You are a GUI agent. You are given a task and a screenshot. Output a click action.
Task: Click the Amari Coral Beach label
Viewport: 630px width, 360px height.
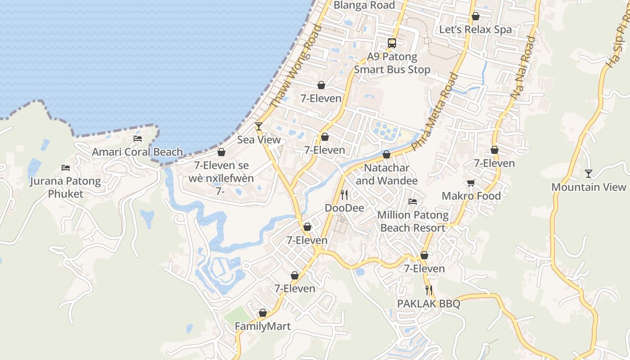coord(137,152)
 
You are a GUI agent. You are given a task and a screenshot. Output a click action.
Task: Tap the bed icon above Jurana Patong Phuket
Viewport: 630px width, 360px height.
coord(66,168)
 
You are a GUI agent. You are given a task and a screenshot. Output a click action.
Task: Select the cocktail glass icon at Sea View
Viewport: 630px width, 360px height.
coord(259,126)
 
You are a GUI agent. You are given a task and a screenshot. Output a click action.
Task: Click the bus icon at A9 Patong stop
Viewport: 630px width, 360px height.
coord(392,43)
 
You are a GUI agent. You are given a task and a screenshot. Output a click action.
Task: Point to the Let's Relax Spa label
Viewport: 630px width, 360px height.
coord(475,30)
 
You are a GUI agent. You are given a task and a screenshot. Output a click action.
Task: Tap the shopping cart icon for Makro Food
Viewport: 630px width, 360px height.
coord(471,183)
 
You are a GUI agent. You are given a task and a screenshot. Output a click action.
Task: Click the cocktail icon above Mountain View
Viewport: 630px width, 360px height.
coord(589,173)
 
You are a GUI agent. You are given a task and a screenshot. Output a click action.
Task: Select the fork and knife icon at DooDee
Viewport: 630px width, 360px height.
coord(344,195)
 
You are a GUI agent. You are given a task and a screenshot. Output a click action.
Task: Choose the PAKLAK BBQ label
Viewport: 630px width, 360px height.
coord(428,304)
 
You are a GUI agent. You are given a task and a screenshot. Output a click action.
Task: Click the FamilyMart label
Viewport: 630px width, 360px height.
coord(263,326)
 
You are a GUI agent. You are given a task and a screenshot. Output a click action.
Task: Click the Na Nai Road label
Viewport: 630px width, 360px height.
coord(523,67)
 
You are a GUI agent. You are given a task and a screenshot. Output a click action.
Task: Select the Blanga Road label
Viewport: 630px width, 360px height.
coord(364,5)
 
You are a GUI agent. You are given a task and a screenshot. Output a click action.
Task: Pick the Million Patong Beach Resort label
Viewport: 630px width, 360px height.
coord(413,221)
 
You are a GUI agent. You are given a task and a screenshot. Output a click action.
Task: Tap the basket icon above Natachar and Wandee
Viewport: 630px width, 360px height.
coord(386,155)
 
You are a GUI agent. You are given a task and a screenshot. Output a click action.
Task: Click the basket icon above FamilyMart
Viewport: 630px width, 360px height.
coord(263,313)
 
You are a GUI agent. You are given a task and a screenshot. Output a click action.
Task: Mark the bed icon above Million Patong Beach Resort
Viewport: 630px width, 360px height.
coord(413,202)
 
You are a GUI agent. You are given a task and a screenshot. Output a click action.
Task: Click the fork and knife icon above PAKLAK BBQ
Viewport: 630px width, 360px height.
coord(428,290)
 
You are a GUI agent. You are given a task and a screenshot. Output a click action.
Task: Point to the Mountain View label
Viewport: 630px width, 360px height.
coord(589,187)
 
